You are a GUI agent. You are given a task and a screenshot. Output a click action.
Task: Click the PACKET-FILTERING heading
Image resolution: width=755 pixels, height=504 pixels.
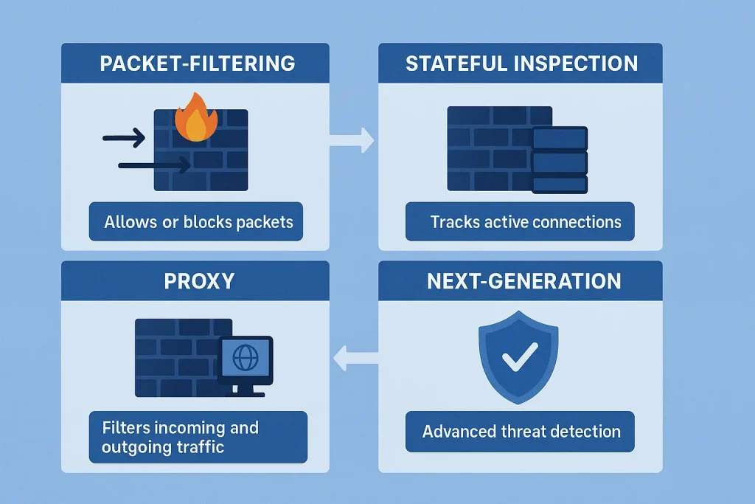(197, 63)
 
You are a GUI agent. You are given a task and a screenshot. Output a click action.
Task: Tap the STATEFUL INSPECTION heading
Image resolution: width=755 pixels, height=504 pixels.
(521, 63)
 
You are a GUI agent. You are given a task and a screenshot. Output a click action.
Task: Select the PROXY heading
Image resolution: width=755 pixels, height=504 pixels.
(197, 281)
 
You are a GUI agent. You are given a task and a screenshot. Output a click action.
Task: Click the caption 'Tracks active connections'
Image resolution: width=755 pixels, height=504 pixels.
(526, 221)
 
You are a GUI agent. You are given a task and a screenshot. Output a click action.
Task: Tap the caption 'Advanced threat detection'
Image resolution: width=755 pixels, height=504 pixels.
(521, 432)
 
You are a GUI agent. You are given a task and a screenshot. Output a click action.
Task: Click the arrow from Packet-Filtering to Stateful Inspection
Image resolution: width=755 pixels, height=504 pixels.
(352, 139)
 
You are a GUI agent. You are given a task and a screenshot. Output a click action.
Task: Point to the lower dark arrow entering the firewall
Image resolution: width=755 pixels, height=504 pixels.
(153, 166)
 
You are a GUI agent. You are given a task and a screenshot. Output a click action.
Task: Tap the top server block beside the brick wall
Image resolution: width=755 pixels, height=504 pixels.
(560, 138)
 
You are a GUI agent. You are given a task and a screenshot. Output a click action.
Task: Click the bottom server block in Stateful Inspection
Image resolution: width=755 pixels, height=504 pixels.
(560, 184)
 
